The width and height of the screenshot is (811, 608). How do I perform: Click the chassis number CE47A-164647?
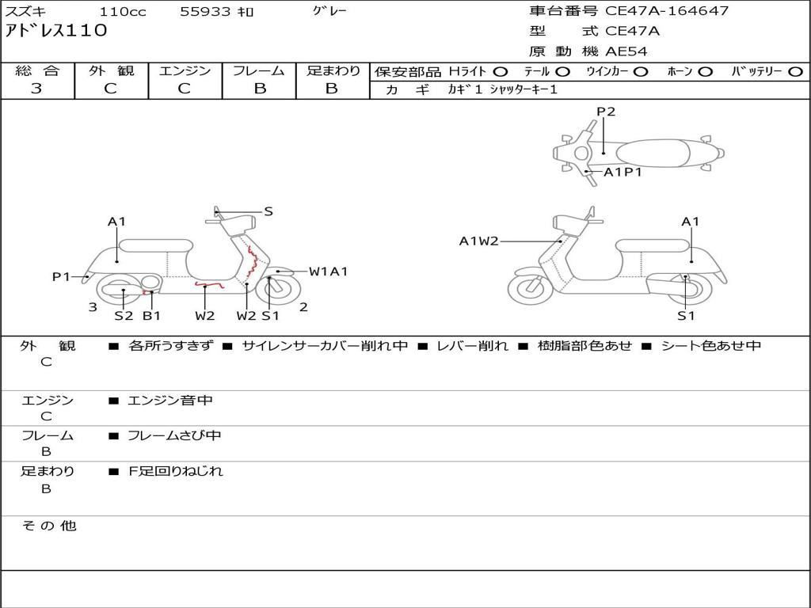point(667,10)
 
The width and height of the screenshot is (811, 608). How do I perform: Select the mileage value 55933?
point(204,11)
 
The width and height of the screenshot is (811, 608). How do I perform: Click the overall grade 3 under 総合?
point(36,88)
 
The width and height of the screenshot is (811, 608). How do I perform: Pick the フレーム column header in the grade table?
point(259,70)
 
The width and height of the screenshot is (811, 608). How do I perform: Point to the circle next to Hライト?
point(501,72)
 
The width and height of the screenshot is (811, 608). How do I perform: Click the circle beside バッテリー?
point(795,72)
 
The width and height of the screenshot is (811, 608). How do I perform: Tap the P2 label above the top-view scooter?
point(606,111)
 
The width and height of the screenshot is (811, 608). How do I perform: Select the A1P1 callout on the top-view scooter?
point(623,172)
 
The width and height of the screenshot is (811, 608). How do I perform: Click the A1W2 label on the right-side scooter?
point(479,241)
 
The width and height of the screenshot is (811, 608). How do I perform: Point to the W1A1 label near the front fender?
point(329,272)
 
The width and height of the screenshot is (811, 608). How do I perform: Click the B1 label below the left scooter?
point(151,315)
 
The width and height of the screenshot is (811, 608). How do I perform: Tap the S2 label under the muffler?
point(124,315)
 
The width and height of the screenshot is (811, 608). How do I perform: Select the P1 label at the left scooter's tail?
point(61,276)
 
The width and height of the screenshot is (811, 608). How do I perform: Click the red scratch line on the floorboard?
point(209,284)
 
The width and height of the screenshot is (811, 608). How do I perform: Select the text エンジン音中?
point(170,400)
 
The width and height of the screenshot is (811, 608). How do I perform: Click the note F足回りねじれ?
point(175,471)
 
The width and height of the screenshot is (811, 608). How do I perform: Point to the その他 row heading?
point(48,526)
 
